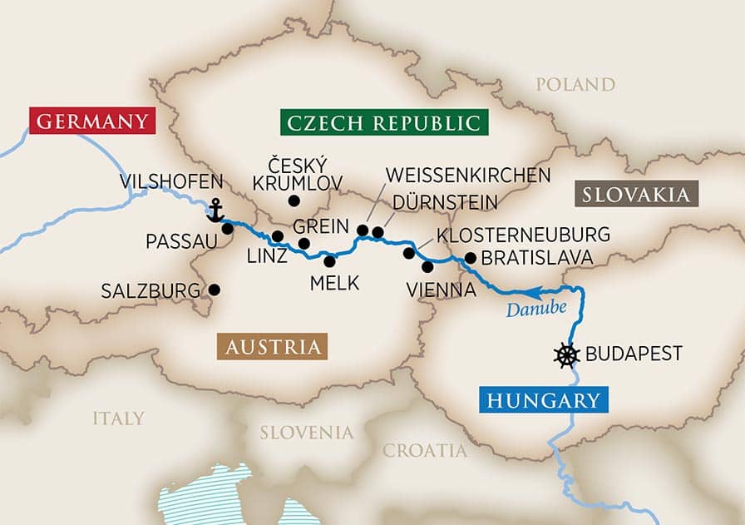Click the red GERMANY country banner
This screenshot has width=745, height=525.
pos(92,121)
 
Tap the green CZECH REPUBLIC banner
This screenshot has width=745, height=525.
pos(383,123)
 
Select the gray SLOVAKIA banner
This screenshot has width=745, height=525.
pos(636,195)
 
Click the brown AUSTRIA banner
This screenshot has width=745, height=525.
pos(271,347)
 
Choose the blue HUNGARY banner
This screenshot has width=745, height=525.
pos(543,400)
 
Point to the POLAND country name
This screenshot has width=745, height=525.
pos(575,85)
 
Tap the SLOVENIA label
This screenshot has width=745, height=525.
pos(307,433)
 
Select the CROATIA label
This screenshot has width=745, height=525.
pos(425,451)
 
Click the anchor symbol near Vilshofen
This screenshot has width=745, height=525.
pos(215,210)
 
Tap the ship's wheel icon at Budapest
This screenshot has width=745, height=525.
pos(566,354)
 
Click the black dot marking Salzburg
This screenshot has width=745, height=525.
pos(215,290)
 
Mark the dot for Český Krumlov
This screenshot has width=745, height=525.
pos(293,201)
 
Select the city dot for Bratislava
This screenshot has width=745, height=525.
pos(470,258)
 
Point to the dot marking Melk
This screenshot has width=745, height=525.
pos(330,261)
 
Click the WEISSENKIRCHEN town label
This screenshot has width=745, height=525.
pos(468,176)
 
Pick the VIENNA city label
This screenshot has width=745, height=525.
pos(442,290)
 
